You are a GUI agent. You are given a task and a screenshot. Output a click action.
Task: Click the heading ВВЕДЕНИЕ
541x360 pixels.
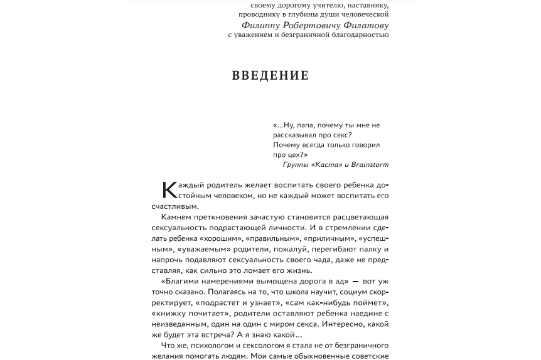[x=270, y=76]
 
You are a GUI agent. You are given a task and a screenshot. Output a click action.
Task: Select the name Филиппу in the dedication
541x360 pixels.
[x=261, y=26]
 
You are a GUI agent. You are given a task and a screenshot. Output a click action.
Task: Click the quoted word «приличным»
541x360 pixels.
[x=326, y=238]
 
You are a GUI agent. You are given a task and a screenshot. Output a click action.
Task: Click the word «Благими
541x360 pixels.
[x=181, y=282]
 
